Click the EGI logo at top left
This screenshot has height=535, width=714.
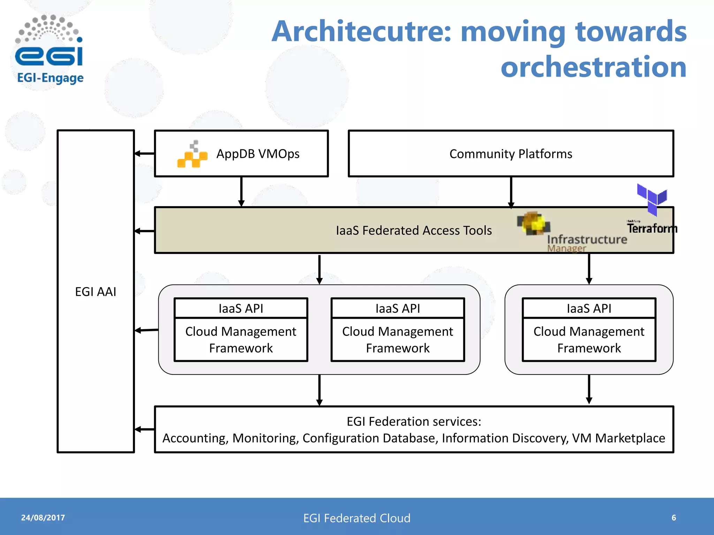(49, 49)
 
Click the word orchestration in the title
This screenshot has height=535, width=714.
(593, 67)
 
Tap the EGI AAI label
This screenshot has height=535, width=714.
(96, 292)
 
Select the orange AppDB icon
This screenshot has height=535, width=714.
(192, 155)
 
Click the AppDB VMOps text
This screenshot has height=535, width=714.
(258, 154)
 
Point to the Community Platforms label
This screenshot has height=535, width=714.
(510, 154)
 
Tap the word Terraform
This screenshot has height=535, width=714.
(652, 228)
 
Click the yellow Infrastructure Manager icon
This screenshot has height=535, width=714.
(533, 223)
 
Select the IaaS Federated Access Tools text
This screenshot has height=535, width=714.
(413, 230)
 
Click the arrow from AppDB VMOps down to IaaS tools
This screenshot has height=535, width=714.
(241, 192)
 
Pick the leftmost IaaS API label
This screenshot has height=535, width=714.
(241, 308)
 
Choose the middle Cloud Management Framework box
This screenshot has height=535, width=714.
(397, 340)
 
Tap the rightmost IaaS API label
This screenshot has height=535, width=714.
(589, 308)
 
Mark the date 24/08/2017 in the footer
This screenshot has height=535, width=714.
(43, 518)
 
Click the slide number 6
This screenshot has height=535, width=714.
(674, 518)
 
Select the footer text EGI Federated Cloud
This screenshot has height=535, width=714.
(357, 518)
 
